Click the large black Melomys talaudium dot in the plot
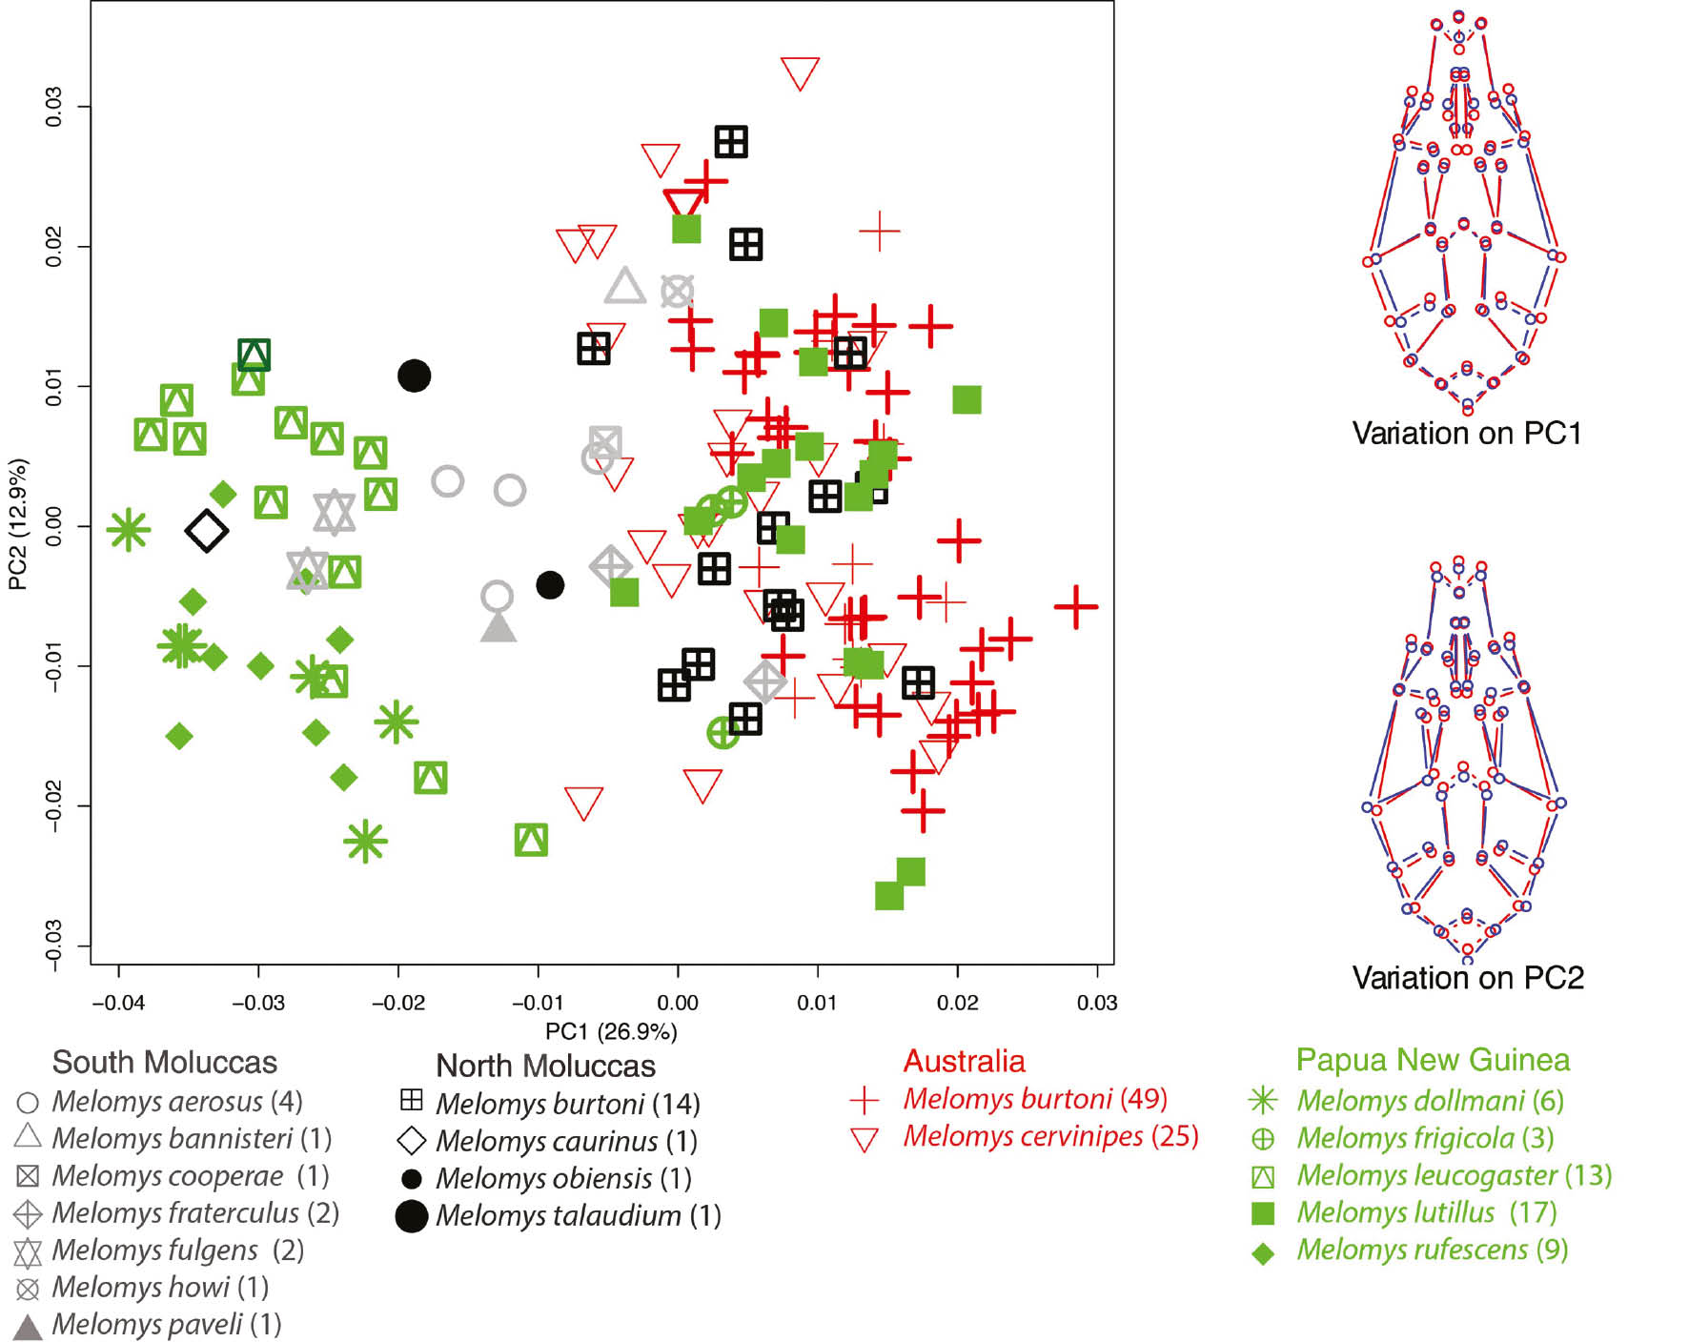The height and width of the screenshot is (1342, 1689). pos(414,376)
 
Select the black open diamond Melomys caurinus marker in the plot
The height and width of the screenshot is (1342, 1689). pos(207,531)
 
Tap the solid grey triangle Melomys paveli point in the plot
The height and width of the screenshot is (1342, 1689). pos(498,628)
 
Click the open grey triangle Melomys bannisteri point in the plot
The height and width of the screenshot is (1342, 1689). pos(625,287)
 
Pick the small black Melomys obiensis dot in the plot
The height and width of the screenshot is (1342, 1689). pos(550,584)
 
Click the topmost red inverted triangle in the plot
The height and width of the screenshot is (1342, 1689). pos(800,72)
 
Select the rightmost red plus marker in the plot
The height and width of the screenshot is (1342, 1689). pos(1076,606)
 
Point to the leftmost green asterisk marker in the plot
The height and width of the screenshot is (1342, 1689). pos(128,530)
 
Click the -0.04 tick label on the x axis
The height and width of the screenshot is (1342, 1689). pos(118,1003)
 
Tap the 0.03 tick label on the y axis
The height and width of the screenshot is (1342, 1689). pos(53,106)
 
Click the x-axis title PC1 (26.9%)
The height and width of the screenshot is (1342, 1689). pos(611,1031)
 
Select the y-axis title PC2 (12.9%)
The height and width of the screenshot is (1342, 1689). pos(18,524)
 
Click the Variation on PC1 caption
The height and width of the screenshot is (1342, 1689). pos(1467,434)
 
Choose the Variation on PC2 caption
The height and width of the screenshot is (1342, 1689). pos(1468,978)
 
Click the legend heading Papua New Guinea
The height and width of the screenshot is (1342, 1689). pos(1433,1060)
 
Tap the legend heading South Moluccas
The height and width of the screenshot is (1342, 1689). pos(164,1062)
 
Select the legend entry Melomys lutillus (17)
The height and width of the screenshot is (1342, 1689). pos(1426,1212)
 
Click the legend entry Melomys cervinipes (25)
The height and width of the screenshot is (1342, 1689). pos(1050,1136)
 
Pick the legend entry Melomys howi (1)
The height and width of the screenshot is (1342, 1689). pos(159,1287)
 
